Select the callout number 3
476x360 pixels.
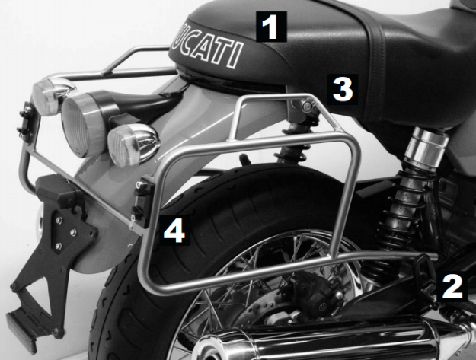(341, 90)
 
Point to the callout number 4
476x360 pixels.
(174, 229)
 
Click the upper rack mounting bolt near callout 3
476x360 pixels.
(308, 107)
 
